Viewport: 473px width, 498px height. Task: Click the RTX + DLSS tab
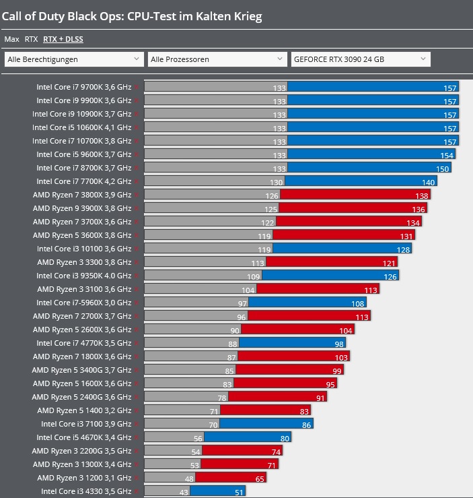pyautogui.click(x=63, y=39)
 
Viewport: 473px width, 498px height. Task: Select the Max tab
pyautogui.click(x=12, y=39)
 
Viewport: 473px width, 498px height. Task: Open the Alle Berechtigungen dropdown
pyautogui.click(x=74, y=59)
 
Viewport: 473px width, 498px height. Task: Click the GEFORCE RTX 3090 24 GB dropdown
pyautogui.click(x=360, y=59)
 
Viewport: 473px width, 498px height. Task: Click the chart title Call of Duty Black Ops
pyautogui.click(x=133, y=15)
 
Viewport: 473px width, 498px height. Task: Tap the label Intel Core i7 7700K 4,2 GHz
pyautogui.click(x=84, y=181)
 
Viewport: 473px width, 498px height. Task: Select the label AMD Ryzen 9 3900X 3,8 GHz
pyautogui.click(x=82, y=208)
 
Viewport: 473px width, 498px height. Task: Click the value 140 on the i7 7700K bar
pyautogui.click(x=429, y=182)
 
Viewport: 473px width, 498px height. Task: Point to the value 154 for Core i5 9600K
pyautogui.click(x=447, y=155)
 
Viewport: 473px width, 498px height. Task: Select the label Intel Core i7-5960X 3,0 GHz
pyautogui.click(x=84, y=303)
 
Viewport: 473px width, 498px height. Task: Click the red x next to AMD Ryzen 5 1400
pyautogui.click(x=137, y=410)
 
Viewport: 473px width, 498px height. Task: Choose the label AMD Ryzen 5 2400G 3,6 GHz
pyautogui.click(x=82, y=397)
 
